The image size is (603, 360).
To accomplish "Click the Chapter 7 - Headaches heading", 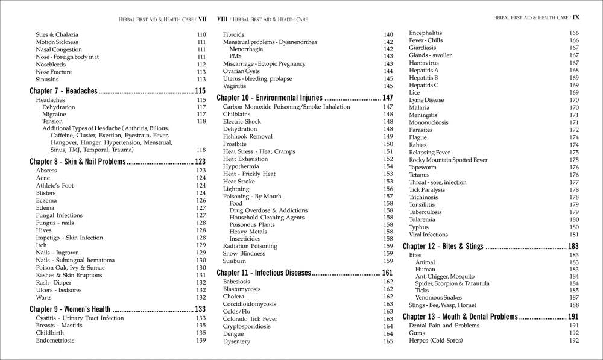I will tap(63, 91).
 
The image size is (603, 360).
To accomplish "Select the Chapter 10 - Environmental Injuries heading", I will tap(270, 98).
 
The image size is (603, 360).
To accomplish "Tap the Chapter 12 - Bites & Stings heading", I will tap(443, 247).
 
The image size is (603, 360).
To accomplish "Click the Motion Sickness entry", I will tap(54, 42).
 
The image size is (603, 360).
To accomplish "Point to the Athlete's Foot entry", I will tap(54, 186).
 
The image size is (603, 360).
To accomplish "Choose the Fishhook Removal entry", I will tap(248, 136).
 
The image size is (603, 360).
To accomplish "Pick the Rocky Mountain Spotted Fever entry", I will tap(448, 160).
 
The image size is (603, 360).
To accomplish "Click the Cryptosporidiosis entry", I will tap(247, 326).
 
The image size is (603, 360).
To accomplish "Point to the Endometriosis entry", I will tap(55, 341).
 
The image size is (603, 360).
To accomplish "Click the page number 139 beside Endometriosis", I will tap(201, 341).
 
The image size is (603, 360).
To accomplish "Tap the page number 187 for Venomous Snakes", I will tap(573, 298).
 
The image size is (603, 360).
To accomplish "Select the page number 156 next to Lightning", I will tap(388, 189).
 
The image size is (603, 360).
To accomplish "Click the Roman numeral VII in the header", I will tap(202, 18).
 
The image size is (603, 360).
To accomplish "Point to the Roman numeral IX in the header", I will tap(575, 18).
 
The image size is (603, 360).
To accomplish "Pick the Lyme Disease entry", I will tap(426, 100).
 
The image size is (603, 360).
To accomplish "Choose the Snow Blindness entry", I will tap(244, 253).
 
